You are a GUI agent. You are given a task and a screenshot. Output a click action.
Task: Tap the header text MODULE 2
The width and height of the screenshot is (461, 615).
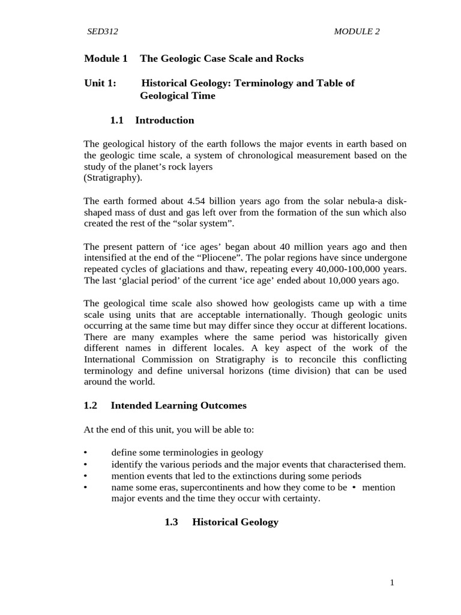click(x=357, y=32)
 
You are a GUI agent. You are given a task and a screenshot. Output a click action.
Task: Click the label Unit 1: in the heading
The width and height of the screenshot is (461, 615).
click(x=100, y=83)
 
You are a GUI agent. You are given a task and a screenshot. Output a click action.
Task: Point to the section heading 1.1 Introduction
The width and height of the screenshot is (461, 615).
click(x=152, y=120)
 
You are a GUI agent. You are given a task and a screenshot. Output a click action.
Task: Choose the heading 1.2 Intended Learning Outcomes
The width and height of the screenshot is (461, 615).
click(x=165, y=405)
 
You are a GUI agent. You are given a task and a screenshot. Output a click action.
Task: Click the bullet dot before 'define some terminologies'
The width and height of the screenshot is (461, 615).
click(x=87, y=453)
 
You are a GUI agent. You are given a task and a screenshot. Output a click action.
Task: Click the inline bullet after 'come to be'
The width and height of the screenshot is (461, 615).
click(x=355, y=487)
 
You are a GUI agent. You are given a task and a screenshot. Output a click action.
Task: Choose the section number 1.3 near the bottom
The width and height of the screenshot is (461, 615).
click(x=171, y=522)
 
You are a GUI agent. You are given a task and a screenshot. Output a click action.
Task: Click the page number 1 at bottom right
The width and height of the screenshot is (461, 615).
click(x=391, y=582)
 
